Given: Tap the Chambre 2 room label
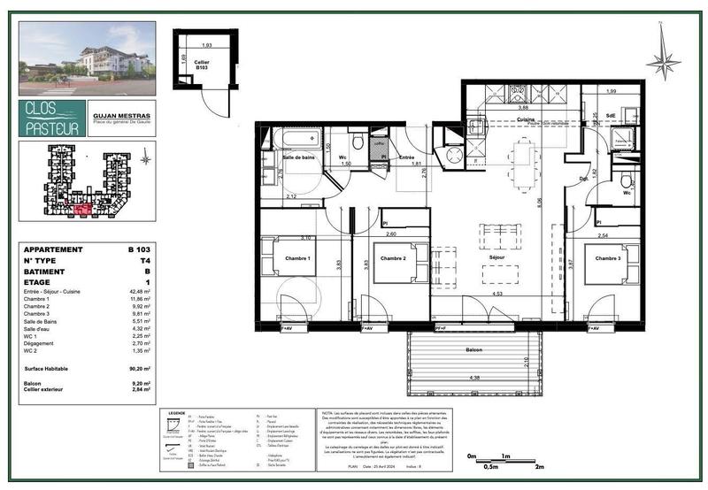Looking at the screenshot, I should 392,258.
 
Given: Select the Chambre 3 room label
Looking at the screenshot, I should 607,258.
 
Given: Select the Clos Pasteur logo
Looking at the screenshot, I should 51,119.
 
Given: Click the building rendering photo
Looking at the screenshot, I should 87,58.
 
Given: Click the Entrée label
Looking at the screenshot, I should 406,158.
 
